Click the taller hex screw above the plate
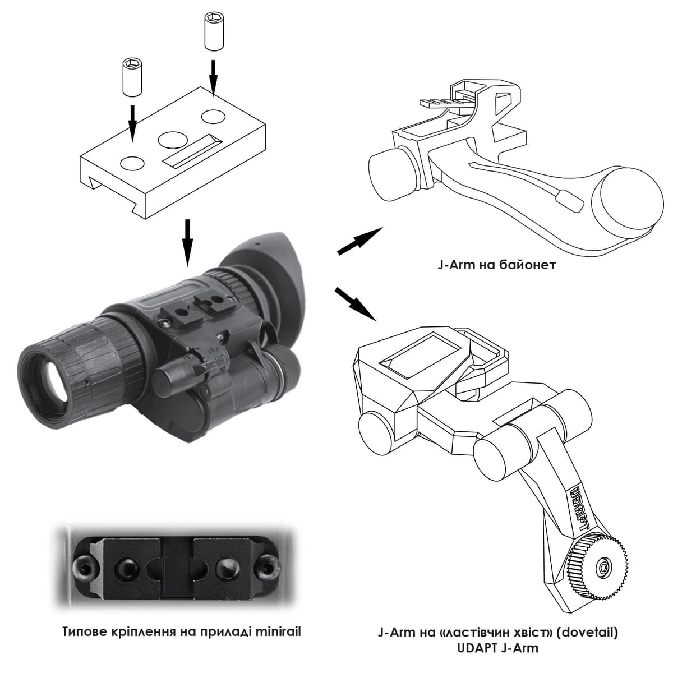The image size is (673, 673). pos(214,31)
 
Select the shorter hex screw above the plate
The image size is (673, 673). pos(132,77)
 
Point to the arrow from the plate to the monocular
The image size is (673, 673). pos(187,243)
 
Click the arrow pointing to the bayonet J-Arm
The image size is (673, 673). pos(360,241)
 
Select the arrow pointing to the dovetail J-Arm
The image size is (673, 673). pos(356,304)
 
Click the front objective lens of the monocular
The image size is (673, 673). pos(52,382)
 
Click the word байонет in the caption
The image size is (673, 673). pos(528,265)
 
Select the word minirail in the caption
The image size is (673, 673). pos(278,631)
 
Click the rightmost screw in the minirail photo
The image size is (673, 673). pos(270,571)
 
